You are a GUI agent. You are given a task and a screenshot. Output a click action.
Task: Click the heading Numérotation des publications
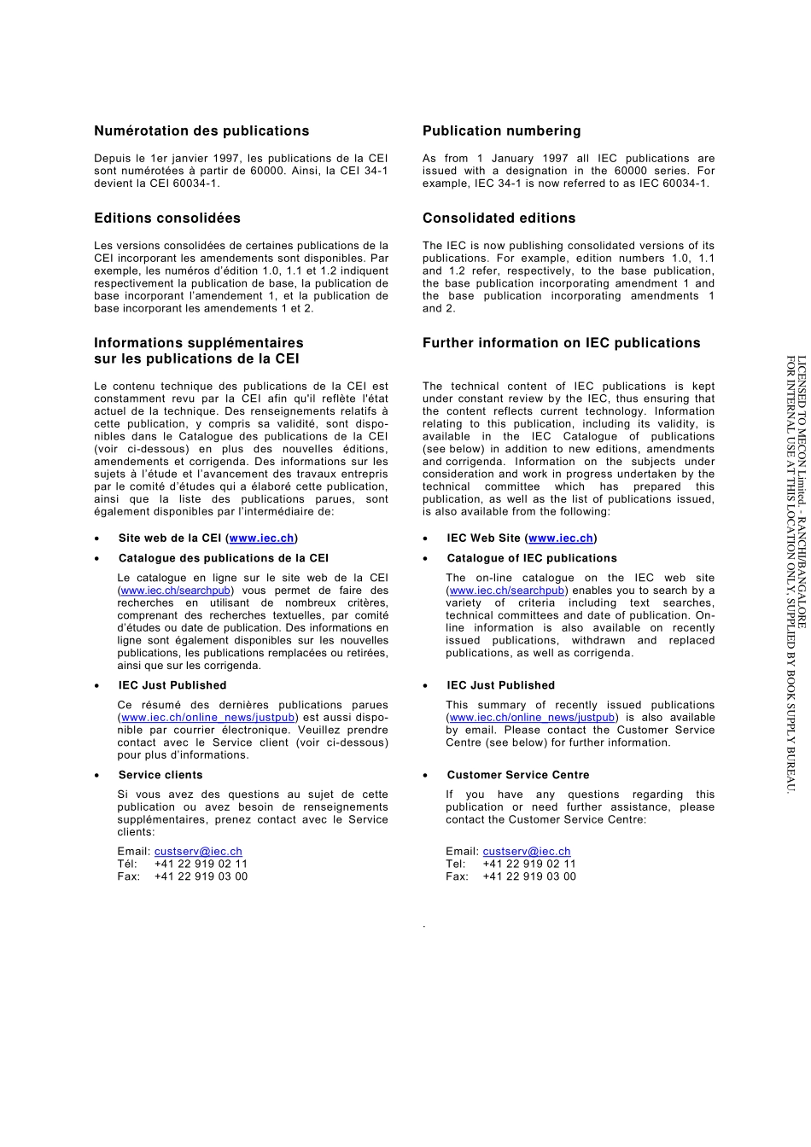point(201,131)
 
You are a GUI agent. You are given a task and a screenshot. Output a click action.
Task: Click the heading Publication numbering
point(501,131)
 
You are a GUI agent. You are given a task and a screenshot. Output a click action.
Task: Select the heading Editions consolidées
point(167,218)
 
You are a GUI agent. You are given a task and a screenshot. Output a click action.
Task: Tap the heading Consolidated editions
point(499,218)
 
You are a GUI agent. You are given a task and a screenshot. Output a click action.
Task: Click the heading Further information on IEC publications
point(561,343)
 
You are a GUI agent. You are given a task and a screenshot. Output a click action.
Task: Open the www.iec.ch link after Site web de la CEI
point(262,538)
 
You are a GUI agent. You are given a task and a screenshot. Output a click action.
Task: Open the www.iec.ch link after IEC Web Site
point(561,538)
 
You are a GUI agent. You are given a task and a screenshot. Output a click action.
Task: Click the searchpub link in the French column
point(175,591)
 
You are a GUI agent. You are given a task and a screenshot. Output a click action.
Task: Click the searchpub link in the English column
point(507,591)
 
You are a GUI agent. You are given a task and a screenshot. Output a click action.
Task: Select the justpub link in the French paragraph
point(208,718)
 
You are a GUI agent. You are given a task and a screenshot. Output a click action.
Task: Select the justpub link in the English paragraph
point(532,718)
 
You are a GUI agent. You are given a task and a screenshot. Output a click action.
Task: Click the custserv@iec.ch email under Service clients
point(198,851)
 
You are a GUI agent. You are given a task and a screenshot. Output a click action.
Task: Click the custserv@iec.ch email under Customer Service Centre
point(527,851)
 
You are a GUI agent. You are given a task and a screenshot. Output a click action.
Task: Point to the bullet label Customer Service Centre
point(517,775)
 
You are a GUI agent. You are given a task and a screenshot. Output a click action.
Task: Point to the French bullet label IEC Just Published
point(172,685)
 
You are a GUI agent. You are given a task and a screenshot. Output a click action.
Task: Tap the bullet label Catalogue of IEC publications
point(531,558)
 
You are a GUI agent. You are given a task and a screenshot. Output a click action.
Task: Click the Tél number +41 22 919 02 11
point(201,864)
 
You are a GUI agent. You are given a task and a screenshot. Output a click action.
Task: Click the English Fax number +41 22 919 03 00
point(529,876)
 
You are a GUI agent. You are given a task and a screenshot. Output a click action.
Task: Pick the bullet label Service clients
point(160,775)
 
